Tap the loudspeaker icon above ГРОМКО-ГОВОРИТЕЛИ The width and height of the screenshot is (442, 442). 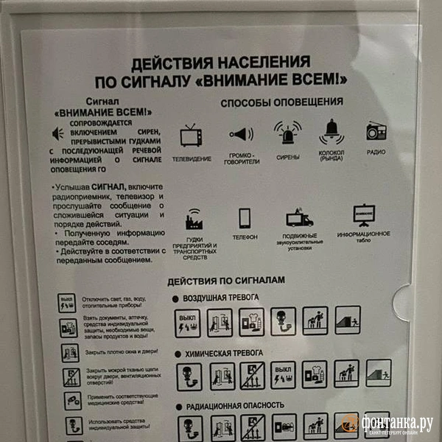pos(241,134)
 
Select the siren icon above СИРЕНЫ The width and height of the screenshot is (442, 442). pos(287,133)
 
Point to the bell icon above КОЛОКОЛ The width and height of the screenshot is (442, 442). pos(331,131)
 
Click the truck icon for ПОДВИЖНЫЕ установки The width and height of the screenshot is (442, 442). pos(299,217)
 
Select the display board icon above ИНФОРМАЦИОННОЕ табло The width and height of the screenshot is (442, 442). pos(363,214)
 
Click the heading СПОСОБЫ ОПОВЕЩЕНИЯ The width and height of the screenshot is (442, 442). pos(281,102)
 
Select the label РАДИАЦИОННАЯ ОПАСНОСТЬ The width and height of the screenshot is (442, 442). pos(236,405)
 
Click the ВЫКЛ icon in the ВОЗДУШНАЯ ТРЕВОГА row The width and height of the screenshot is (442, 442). pos(188,322)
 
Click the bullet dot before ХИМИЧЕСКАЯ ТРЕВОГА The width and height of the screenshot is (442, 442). pos(177,354)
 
